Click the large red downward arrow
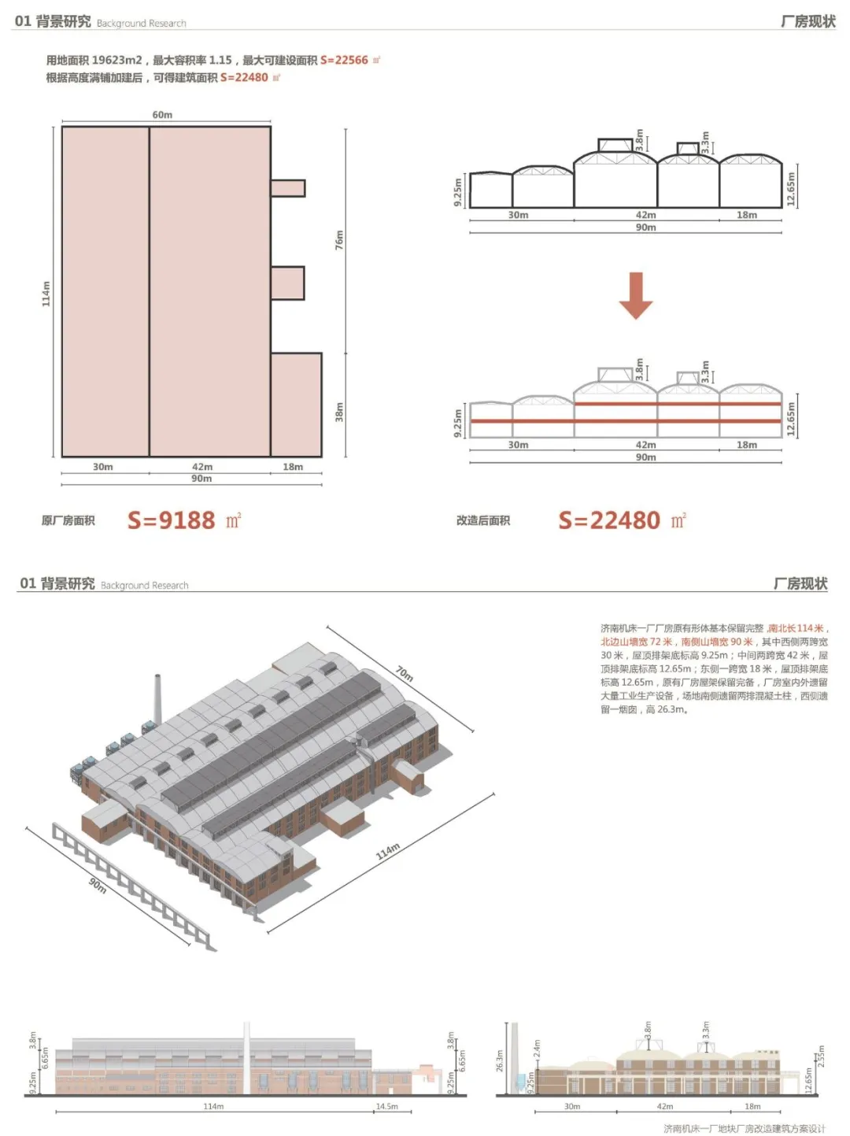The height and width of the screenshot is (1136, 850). (x=636, y=295)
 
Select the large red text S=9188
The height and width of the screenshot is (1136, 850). (x=171, y=520)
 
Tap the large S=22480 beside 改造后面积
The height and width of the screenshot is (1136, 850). (x=609, y=520)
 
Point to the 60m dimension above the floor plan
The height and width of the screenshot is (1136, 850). (x=162, y=115)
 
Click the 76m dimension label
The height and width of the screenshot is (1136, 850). (x=340, y=240)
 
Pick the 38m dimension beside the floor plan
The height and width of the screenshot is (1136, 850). (x=340, y=412)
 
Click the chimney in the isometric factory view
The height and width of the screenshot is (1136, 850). (x=157, y=700)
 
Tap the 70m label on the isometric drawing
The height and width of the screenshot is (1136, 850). (x=405, y=673)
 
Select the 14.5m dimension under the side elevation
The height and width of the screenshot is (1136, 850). (x=386, y=1106)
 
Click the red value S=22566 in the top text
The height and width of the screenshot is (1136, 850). (x=344, y=60)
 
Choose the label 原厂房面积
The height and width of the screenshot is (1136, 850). (x=68, y=520)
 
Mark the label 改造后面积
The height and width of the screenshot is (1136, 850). (x=482, y=520)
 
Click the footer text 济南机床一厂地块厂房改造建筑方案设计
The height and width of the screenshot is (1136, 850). (x=744, y=1128)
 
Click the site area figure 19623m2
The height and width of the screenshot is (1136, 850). (x=116, y=60)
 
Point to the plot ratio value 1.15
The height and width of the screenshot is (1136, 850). (x=220, y=60)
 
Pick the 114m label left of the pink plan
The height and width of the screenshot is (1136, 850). (x=46, y=294)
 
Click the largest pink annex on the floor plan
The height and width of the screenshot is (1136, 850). (x=296, y=405)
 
